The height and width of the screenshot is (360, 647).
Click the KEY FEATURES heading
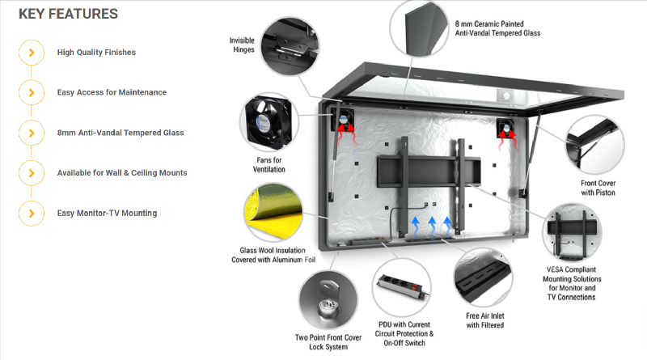68,14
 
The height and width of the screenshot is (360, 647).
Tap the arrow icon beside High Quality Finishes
31,52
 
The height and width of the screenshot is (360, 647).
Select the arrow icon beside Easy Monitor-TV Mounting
31,213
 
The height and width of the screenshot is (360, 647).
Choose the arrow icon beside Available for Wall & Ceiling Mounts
31,172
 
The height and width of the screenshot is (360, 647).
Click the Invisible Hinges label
242,44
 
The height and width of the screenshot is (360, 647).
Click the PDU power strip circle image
404,289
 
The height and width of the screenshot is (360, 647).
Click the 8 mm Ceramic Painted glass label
500,28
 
